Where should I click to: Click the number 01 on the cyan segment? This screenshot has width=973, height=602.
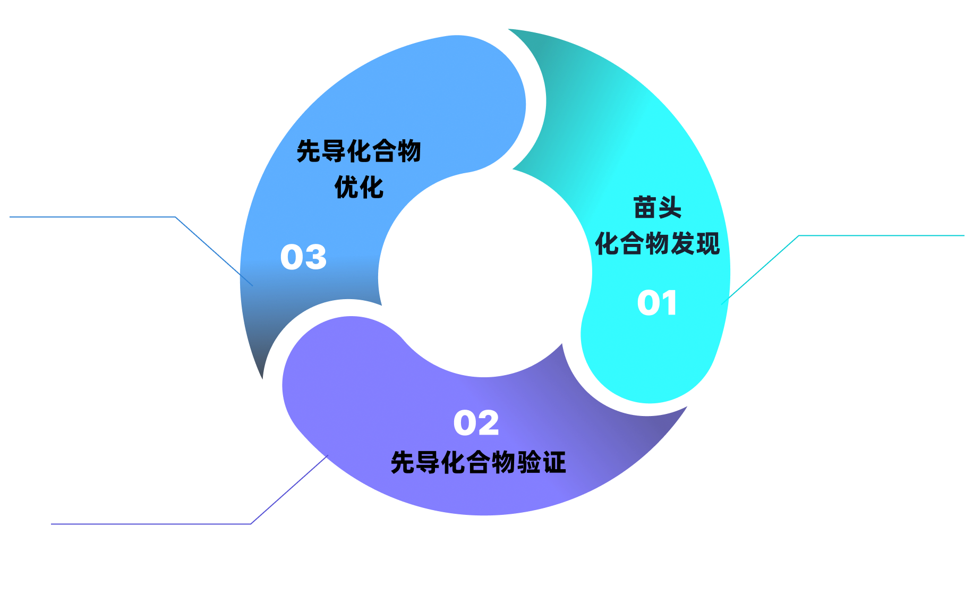(x=657, y=303)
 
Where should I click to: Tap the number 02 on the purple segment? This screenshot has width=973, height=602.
(x=476, y=423)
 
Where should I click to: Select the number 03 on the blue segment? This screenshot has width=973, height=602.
(x=303, y=257)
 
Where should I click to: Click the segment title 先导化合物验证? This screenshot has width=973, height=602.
(x=478, y=462)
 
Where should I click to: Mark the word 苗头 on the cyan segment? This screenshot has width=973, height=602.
(x=657, y=207)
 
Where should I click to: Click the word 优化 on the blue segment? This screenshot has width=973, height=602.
(x=359, y=188)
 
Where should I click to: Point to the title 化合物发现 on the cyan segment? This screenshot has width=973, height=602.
(x=657, y=243)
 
